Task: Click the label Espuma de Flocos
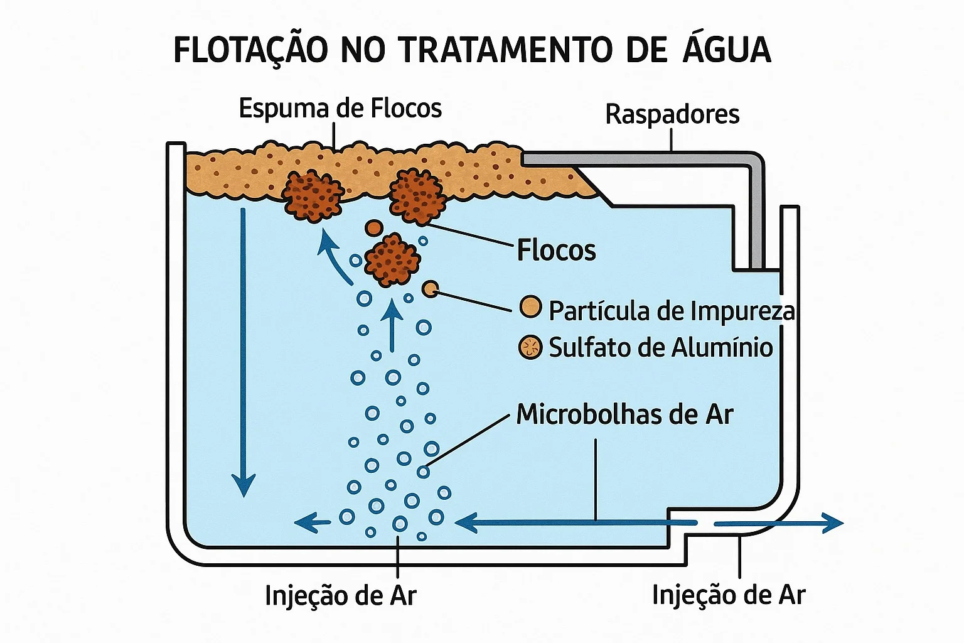[340, 109]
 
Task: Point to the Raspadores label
[672, 114]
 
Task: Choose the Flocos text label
[556, 250]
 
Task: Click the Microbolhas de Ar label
[624, 414]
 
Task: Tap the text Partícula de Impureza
[672, 311]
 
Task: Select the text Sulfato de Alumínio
[661, 347]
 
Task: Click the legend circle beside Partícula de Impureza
[530, 307]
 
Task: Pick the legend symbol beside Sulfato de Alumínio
[530, 347]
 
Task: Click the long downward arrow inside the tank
[243, 352]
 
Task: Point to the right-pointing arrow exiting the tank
[778, 523]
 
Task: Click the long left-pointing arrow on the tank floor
[576, 522]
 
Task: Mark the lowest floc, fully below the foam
[392, 260]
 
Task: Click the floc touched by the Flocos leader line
[417, 197]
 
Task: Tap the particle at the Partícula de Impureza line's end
[431, 289]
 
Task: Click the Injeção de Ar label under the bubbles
[340, 596]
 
